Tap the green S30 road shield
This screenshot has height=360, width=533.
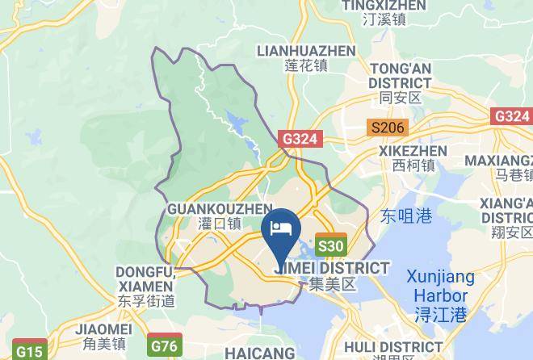point(331,246)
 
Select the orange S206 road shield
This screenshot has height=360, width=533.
point(386,128)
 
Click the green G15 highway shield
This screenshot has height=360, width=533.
point(30,352)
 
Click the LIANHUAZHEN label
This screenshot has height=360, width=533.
point(305,51)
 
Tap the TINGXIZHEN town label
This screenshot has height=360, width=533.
point(372,6)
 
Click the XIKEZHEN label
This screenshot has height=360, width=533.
point(413,151)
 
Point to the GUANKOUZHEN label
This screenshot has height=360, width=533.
point(208,209)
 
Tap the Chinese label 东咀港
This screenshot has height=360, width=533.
point(406,216)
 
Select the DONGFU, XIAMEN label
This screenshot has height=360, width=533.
point(144,278)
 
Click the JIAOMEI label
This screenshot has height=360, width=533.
point(103,329)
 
